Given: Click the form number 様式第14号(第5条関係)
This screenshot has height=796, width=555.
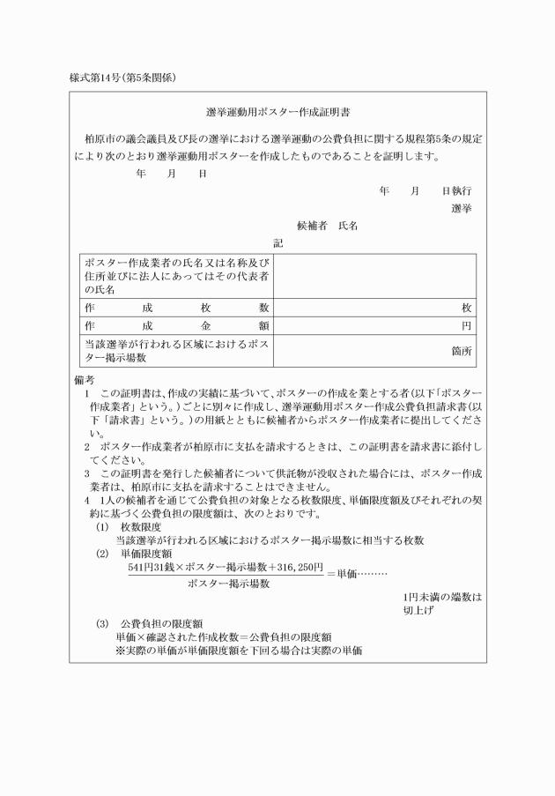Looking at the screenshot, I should pos(122,78).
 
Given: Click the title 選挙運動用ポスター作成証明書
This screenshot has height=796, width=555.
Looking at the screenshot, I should pos(277,114).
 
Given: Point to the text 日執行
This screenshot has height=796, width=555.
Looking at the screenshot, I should pos(456,190).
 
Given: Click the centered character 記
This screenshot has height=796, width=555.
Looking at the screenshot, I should pos(277,243).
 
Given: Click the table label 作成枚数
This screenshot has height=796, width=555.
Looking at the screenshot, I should pos(176,308).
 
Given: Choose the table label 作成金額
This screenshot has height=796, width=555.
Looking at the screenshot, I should pos(176,325).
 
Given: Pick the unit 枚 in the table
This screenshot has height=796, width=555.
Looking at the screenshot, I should pos(467,308).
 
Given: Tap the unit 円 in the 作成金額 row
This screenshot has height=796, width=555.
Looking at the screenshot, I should pos(467,326).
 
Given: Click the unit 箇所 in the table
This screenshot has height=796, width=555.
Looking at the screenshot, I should pos(462,351).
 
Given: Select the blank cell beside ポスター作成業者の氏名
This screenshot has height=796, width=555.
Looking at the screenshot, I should pos(374,276).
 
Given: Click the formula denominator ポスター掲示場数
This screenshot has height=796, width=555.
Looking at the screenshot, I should pos(228,584).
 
